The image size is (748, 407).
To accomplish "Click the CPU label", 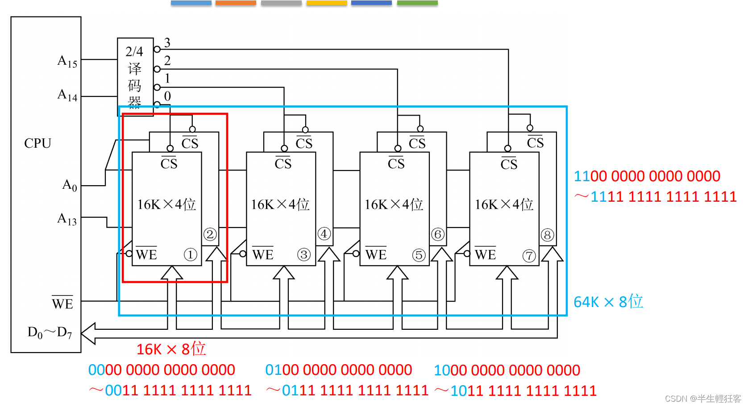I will (x=37, y=143).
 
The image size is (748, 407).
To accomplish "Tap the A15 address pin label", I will (x=67, y=61).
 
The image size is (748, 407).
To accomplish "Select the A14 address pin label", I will (x=67, y=95).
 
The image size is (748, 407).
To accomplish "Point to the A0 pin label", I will (x=70, y=185).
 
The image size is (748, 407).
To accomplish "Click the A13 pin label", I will (x=67, y=219).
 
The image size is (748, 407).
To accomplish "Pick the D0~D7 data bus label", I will (x=50, y=332).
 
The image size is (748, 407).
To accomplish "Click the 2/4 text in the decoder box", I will (x=134, y=51).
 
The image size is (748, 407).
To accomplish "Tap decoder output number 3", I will (x=167, y=43).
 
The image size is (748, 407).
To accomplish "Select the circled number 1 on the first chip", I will (x=190, y=255).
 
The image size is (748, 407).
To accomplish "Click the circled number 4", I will (x=324, y=233).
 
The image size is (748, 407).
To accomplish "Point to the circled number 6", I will (x=438, y=234).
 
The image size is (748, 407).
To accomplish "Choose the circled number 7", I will (x=529, y=256).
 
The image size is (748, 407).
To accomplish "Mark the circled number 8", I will (x=547, y=235).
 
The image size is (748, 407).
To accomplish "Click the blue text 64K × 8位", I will (x=608, y=302).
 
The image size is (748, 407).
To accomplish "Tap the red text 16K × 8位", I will (x=171, y=349).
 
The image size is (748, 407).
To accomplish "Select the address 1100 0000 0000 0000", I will (x=647, y=176).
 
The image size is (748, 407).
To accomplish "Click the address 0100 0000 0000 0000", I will (x=338, y=370).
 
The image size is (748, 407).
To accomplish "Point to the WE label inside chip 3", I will (x=263, y=254).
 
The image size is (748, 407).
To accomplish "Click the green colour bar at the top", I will (x=417, y=3).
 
